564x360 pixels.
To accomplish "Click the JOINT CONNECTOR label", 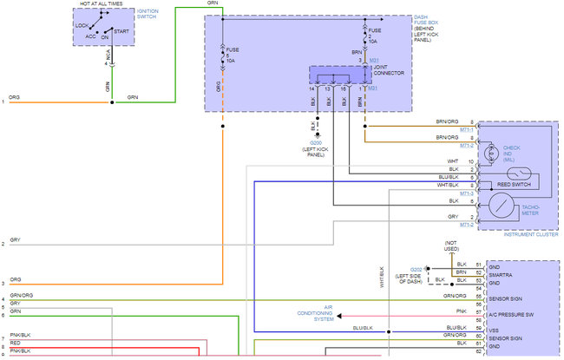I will tap(388, 70).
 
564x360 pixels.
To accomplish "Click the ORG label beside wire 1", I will tap(15, 96).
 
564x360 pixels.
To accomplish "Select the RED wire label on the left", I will tap(16, 343).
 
